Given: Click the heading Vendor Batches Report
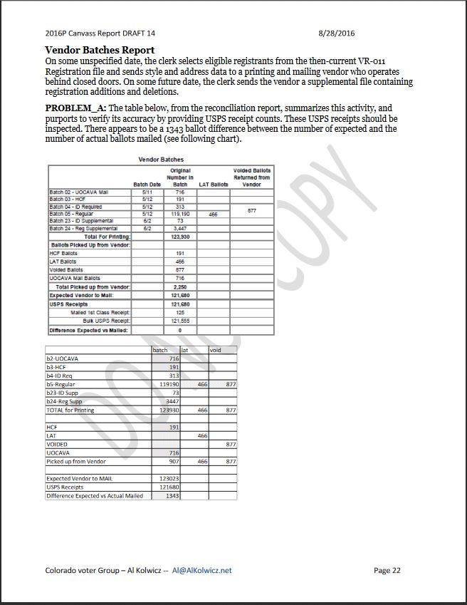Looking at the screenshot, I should (100, 51).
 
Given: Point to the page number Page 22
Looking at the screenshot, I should (387, 570).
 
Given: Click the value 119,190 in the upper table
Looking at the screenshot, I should (179, 214).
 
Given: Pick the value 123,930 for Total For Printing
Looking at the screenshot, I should (179, 237).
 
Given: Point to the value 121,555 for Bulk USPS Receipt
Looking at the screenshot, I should (179, 321).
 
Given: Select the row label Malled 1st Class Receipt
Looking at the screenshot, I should (100, 313).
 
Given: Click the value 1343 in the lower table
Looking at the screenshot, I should (172, 496).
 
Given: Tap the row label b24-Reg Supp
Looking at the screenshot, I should (65, 402).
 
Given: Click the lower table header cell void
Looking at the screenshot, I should (216, 350).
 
